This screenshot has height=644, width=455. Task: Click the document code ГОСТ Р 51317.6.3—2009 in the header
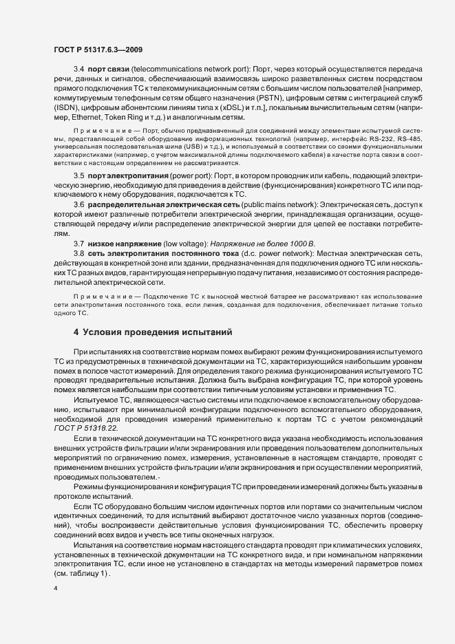98,49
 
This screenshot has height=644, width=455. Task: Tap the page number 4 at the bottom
56,588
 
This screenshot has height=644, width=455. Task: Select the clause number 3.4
78,71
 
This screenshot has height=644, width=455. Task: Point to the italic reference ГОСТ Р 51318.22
80,428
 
